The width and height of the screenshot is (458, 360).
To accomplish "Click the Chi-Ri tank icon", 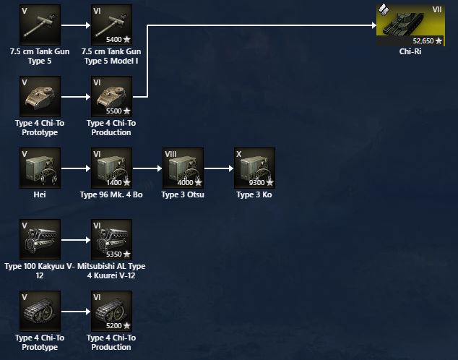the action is [x=410, y=25].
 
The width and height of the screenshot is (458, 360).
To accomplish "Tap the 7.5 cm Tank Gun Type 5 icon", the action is [x=40, y=25].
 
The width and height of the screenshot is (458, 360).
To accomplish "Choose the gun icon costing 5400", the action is [x=111, y=25].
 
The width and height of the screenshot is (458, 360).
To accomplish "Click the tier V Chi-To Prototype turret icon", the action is [x=40, y=96].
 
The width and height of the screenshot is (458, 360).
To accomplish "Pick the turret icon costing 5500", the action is [x=111, y=96].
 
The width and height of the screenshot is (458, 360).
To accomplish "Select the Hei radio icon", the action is [x=40, y=168].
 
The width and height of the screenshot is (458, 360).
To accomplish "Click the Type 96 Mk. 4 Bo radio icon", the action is [x=111, y=168].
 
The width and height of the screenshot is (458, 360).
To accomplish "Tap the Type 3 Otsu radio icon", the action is [x=183, y=168].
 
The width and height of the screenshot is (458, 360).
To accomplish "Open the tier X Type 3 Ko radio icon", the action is [x=254, y=168].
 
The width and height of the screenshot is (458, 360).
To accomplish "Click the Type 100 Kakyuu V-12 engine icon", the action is [x=40, y=239].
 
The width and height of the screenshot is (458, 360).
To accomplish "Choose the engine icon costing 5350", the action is [x=111, y=239].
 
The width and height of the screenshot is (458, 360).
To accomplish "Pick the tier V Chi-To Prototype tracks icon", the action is [x=40, y=311].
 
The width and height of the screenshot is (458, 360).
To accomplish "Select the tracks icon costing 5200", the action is [x=111, y=311].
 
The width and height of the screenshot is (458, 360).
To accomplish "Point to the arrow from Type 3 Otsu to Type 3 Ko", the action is [x=219, y=168].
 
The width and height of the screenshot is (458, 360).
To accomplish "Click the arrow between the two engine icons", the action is [x=76, y=240].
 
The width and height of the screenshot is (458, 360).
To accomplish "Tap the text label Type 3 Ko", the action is [x=254, y=194].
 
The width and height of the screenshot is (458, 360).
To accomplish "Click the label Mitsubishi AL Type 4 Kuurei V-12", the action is [x=111, y=271].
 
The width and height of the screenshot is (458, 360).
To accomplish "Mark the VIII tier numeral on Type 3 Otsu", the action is [x=170, y=154].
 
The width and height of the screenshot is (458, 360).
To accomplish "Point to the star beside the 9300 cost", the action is [x=270, y=183].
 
